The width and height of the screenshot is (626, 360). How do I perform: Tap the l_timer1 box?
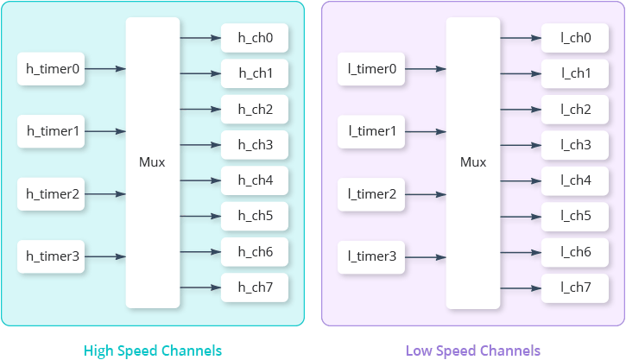click(x=373, y=131)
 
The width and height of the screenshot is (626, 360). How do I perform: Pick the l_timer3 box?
click(x=373, y=256)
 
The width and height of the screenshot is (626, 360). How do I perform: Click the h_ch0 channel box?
click(x=255, y=38)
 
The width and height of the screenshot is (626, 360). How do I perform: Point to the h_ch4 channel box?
click(x=255, y=180)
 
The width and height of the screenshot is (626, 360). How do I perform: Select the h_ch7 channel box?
click(x=255, y=287)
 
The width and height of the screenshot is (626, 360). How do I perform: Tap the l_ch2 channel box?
click(x=576, y=110)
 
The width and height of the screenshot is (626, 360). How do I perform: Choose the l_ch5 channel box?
click(x=576, y=216)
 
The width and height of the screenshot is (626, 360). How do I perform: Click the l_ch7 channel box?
click(x=576, y=287)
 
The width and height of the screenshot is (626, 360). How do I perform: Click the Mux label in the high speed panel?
click(x=152, y=162)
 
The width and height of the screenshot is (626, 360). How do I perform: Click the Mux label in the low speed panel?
click(x=473, y=162)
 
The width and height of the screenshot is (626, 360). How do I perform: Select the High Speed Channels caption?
click(x=153, y=351)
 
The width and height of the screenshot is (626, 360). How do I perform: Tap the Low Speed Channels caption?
click(x=473, y=351)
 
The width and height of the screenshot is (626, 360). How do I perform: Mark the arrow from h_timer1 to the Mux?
click(x=105, y=131)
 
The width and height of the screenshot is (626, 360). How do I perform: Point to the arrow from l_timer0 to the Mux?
click(x=426, y=69)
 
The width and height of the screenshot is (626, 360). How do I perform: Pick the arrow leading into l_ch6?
click(x=520, y=251)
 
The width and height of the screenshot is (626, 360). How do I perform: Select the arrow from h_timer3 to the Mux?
click(x=105, y=256)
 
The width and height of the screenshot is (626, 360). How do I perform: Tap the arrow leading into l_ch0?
click(x=520, y=38)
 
